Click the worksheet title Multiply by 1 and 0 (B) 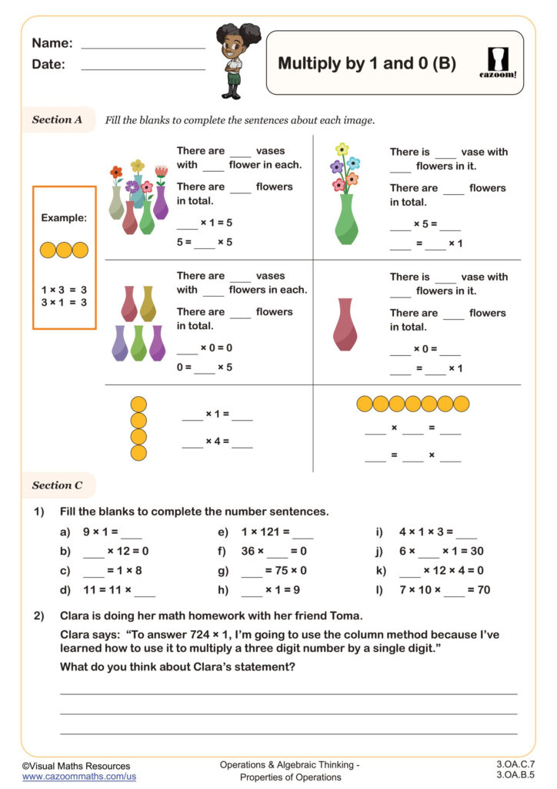tap(366, 63)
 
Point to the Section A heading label tap(57, 119)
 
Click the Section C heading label tap(57, 485)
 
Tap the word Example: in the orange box tap(64, 218)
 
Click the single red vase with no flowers tap(345, 324)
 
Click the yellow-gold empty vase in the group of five tap(148, 304)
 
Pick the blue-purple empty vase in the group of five tap(119, 343)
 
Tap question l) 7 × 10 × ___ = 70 tap(443, 590)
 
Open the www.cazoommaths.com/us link tap(68, 777)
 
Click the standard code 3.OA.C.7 tap(516, 764)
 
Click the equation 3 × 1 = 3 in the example tap(64, 303)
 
